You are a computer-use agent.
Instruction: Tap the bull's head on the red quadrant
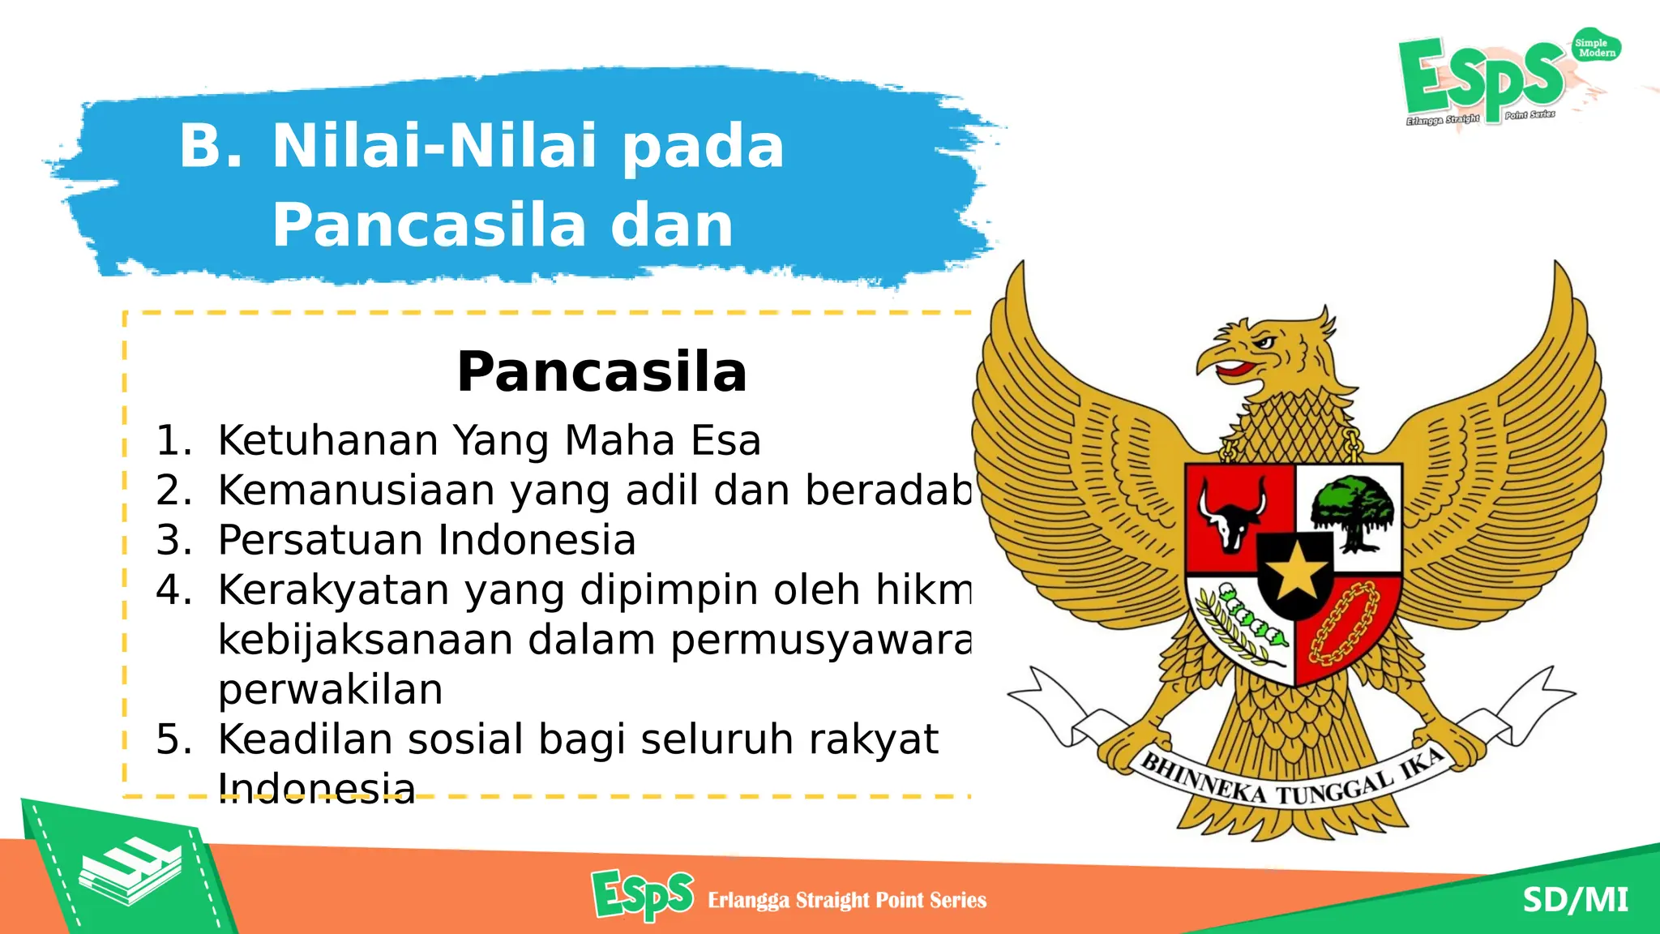(x=1232, y=517)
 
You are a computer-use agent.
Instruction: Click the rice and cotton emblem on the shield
(x=1240, y=626)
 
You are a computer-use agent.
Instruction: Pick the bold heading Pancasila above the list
(x=601, y=372)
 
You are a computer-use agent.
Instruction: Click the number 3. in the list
(x=173, y=540)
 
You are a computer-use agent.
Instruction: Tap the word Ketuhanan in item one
(x=328, y=441)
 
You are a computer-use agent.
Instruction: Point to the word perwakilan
(x=330, y=690)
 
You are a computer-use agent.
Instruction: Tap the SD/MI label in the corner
(x=1574, y=900)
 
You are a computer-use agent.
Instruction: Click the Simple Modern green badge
(x=1594, y=48)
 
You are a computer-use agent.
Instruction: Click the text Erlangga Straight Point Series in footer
(x=846, y=900)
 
